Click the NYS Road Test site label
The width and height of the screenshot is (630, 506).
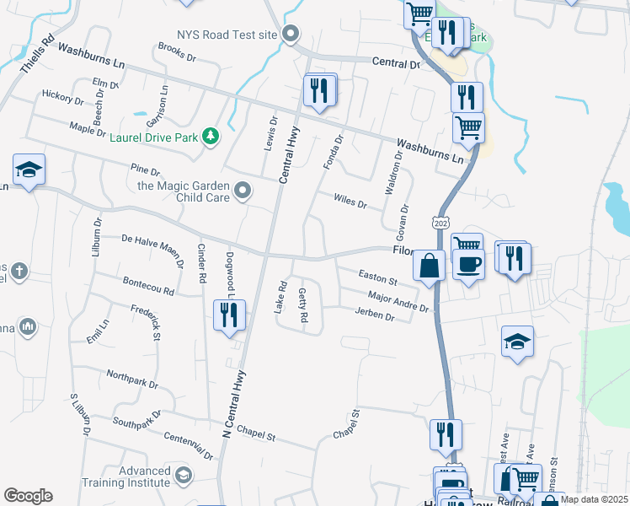(227, 35)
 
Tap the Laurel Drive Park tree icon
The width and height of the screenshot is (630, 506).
(210, 135)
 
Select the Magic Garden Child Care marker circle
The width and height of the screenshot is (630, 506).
(243, 191)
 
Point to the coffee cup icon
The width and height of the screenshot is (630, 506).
(467, 264)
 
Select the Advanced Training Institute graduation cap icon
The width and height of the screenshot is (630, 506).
(182, 477)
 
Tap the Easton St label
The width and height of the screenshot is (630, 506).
(377, 277)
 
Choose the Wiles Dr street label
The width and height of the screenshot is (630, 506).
(350, 202)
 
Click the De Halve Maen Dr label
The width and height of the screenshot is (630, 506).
(153, 250)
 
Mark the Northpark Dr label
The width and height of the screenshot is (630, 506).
(132, 378)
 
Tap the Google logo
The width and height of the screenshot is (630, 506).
(28, 495)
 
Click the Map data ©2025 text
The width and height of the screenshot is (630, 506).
(594, 499)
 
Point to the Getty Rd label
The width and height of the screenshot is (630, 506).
(304, 306)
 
